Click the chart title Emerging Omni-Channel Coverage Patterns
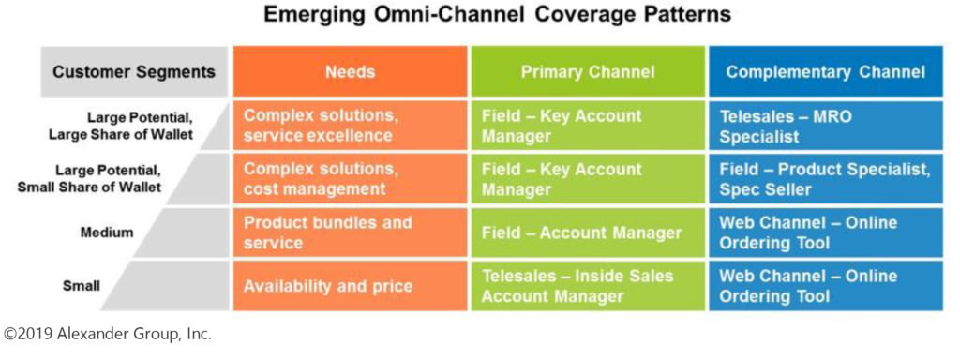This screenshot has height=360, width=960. [497, 15]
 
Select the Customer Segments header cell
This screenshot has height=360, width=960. [134, 71]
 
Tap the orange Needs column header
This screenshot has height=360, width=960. [350, 71]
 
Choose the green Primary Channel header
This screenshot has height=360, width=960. [588, 71]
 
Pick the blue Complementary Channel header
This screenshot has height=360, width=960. [826, 71]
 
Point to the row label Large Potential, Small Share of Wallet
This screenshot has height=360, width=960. [90, 179]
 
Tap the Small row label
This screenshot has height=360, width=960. [81, 286]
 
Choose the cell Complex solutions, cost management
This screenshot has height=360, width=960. [350, 179]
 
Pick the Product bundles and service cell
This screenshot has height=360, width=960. [350, 232]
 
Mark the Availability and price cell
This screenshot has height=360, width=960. [350, 286]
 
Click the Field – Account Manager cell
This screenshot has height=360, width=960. [588, 232]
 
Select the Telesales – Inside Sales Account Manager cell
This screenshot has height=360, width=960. [588, 286]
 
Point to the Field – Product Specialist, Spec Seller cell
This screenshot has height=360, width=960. [826, 179]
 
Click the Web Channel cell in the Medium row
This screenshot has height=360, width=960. [826, 232]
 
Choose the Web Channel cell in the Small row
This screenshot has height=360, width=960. [826, 286]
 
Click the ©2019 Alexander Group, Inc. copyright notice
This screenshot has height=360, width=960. [108, 335]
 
